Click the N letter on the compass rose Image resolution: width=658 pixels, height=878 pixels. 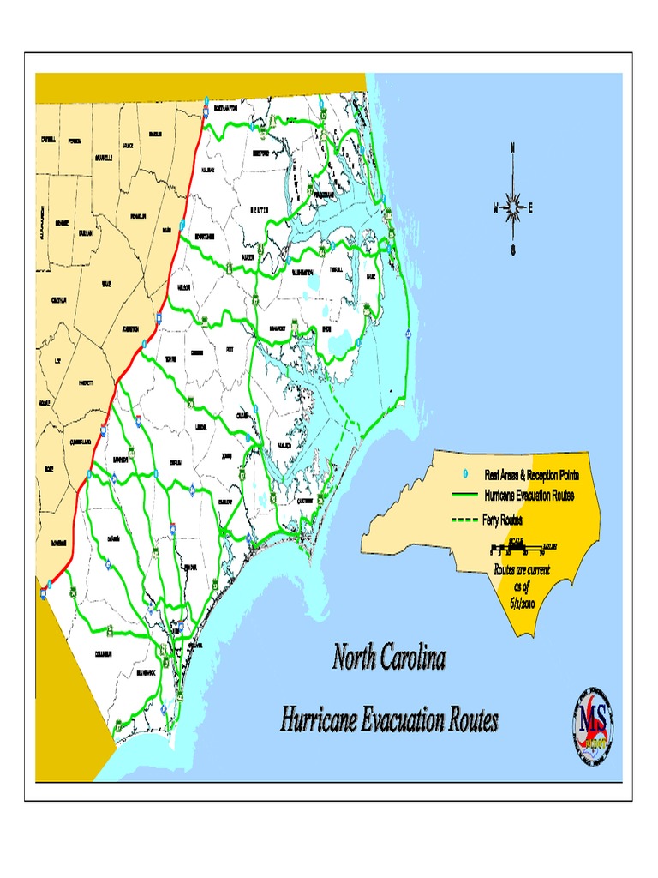pyautogui.click(x=512, y=147)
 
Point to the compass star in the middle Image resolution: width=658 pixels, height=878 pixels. pyautogui.click(x=512, y=207)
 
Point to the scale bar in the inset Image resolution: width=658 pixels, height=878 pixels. pyautogui.click(x=523, y=547)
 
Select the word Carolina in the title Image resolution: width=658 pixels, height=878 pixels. pyautogui.click(x=414, y=659)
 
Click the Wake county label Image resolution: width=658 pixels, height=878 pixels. pyautogui.click(x=106, y=284)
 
